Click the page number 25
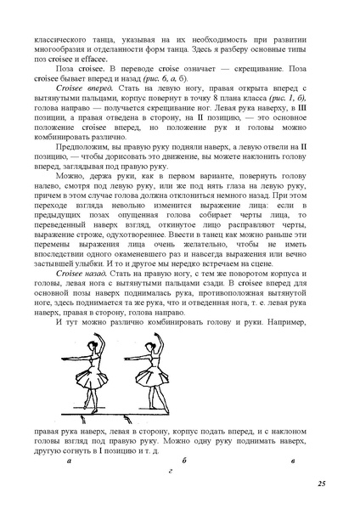coord(322,484)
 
